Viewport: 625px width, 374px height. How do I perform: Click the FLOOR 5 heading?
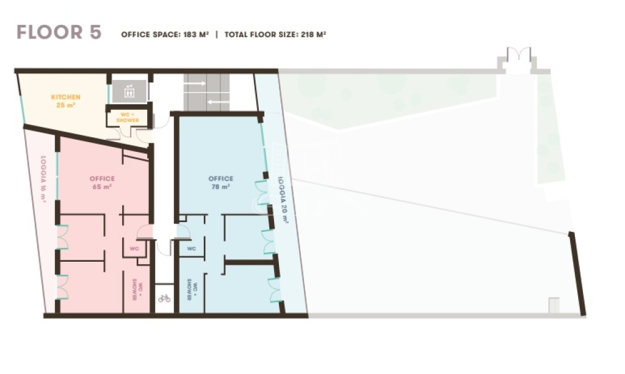tap(59, 32)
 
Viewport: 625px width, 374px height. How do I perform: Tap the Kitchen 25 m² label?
tap(66, 101)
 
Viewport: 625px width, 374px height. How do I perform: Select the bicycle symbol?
tap(164, 298)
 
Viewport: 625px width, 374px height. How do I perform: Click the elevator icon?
tap(129, 92)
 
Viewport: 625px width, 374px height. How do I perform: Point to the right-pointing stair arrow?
tap(195, 84)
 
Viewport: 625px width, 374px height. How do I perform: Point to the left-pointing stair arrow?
tap(219, 102)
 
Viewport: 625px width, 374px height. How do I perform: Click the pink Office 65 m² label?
tap(102, 182)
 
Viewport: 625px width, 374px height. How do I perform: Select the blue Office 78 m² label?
tap(221, 182)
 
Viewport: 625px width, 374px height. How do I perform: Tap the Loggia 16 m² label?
tap(43, 179)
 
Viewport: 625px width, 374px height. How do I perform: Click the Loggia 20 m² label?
tap(283, 200)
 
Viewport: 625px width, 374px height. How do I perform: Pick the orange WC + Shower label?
tap(128, 117)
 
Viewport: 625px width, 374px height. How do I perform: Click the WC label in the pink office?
tap(134, 248)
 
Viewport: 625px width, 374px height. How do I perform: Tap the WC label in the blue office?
tap(191, 248)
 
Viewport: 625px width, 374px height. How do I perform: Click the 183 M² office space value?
tap(196, 35)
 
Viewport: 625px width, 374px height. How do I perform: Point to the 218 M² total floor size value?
tap(314, 35)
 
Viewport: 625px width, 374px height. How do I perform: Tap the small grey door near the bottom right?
tap(554, 305)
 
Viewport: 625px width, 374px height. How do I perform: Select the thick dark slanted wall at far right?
tap(577, 273)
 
